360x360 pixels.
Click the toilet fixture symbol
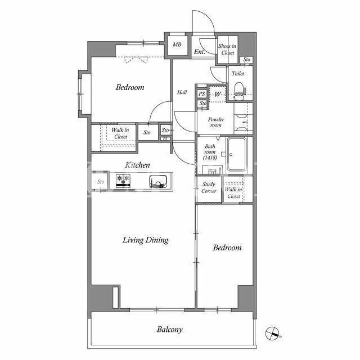[x=239, y=91]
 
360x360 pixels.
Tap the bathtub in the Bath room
[x=236, y=154]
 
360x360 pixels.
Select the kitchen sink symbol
[x=158, y=181]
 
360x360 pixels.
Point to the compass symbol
[x=272, y=333]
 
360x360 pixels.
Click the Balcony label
[x=170, y=330]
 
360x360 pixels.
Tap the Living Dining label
[x=145, y=240]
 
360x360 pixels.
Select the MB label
[x=177, y=44]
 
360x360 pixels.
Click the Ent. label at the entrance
[x=200, y=52]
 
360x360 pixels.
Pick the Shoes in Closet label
[x=227, y=49]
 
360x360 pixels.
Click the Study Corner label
[x=209, y=187]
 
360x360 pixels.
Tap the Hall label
[x=182, y=92]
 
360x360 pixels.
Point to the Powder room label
[x=216, y=122]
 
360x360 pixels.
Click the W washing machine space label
[x=218, y=94]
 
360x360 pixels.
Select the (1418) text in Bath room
[x=210, y=157]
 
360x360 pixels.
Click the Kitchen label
[x=137, y=165]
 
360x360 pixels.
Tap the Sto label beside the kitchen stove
[x=101, y=182]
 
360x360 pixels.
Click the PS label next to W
[x=201, y=94]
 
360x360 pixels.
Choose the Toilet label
[x=238, y=74]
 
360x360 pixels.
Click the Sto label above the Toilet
[x=246, y=60]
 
